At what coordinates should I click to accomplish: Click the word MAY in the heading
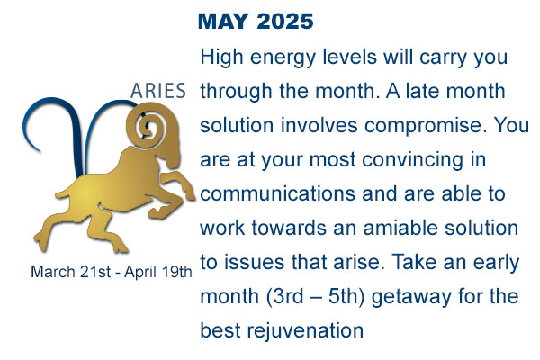coord(223,22)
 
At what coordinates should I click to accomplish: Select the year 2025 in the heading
coord(285,22)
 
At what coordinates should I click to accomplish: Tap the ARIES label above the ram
coord(158,91)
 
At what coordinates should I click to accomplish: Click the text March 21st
coord(71,272)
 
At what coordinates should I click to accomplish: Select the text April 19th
coord(157,272)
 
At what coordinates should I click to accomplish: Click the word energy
coord(283,58)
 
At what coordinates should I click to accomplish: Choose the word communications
coord(277,193)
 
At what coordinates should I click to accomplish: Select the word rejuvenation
coord(305,330)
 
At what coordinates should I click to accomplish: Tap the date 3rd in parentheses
coord(289,296)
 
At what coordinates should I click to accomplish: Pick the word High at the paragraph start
coord(221,58)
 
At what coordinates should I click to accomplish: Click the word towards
coord(289,228)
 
